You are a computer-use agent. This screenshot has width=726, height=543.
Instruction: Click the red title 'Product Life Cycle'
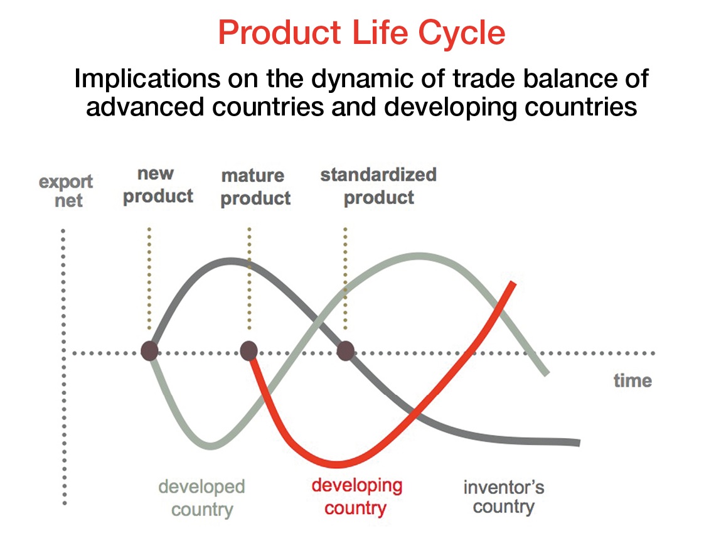361,33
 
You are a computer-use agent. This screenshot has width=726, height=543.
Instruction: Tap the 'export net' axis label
67,191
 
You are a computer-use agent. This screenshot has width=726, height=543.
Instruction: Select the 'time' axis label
633,380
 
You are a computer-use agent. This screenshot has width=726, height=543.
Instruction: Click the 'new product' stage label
158,185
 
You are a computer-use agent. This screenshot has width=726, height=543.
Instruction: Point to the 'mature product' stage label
255,187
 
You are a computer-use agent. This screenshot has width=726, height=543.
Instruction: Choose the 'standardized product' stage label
378,186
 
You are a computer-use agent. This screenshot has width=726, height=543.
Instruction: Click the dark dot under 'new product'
149,351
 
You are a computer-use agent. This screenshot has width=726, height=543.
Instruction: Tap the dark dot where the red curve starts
248,351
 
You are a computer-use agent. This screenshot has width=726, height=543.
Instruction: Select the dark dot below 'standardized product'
345,351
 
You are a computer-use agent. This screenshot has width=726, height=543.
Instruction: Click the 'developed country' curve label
202,498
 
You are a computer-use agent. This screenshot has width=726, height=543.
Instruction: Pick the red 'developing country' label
356,497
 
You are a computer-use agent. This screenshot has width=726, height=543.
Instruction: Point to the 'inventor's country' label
504,497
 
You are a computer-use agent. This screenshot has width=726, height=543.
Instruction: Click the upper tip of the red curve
513,283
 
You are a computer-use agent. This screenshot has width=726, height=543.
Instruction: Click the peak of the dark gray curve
230,262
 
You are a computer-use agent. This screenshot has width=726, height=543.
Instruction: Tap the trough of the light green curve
211,446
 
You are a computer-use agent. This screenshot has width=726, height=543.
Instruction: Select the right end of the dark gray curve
578,443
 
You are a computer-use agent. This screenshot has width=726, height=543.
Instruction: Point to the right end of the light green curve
547,373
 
